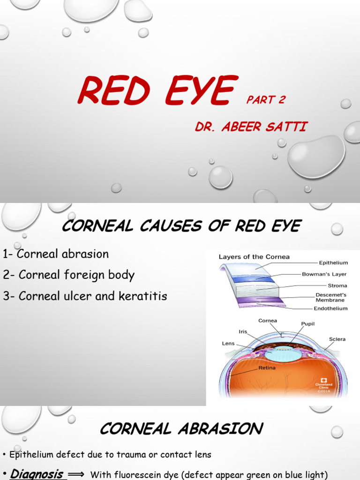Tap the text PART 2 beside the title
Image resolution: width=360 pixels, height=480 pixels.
[266, 99]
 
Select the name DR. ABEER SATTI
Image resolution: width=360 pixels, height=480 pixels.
[251, 127]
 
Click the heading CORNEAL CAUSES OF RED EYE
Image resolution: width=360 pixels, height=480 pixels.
[181, 226]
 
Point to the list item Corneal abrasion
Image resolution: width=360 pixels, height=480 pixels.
[56, 254]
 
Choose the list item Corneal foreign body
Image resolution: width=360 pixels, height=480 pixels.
[68, 275]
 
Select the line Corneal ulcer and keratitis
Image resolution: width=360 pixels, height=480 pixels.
[85, 296]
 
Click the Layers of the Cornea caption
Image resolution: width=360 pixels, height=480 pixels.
[254, 257]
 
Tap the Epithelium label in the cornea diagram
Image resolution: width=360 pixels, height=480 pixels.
[333, 263]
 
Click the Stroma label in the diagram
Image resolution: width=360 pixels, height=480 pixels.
[337, 285]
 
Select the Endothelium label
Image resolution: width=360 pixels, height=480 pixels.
[330, 308]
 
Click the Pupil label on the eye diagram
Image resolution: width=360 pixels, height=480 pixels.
[308, 323]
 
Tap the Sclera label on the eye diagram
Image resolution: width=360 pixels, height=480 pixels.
[337, 339]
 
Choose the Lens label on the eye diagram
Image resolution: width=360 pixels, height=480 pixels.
[228, 343]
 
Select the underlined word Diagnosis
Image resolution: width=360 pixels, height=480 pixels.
[37, 474]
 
